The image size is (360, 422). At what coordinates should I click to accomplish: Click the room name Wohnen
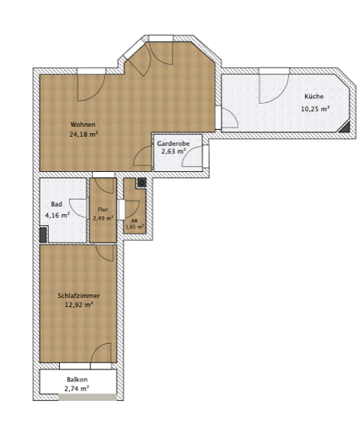83,124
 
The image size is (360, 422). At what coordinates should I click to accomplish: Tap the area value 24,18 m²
83,134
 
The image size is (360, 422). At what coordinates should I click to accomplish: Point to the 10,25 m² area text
314,108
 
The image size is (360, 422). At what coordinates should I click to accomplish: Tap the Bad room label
56,203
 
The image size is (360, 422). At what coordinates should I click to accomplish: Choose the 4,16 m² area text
58,215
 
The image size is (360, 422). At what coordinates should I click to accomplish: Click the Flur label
103,209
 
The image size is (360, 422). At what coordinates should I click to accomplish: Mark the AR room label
134,221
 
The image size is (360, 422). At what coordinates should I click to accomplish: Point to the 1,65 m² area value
134,227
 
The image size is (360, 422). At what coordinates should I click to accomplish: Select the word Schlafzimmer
79,296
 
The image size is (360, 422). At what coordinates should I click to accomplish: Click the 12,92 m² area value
79,306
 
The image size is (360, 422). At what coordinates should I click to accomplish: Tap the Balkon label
77,380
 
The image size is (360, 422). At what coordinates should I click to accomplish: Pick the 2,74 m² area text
77,389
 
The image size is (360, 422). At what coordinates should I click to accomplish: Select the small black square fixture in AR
140,182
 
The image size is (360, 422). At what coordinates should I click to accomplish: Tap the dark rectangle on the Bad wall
43,234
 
